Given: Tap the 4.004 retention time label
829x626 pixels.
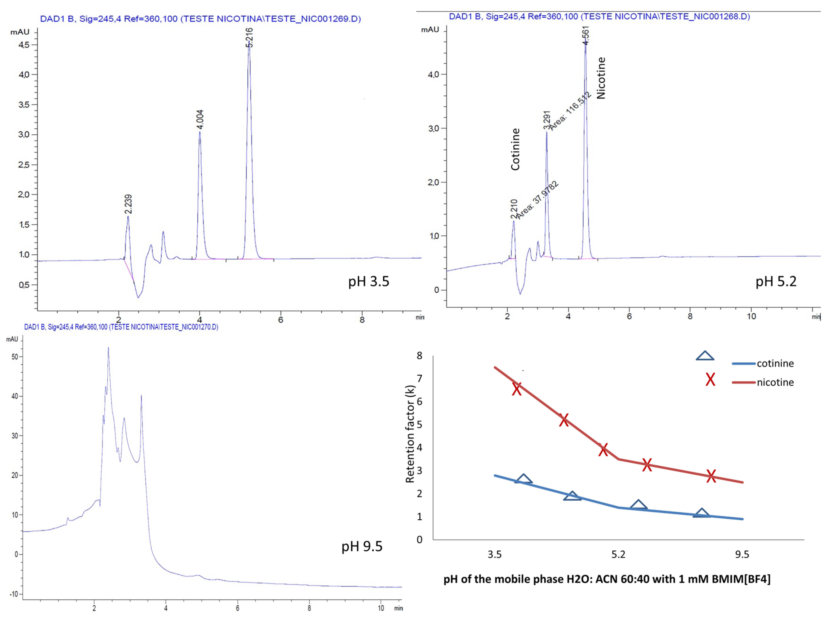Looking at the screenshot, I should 200,119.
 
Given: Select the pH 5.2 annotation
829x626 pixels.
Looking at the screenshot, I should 776,281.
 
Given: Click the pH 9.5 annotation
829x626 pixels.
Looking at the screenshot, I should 362,546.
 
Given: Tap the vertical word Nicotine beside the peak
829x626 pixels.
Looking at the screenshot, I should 601,78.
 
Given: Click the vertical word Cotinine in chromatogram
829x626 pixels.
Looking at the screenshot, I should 516,149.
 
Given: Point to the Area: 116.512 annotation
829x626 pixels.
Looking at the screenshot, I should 570,111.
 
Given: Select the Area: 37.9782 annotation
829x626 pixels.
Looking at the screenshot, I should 538,200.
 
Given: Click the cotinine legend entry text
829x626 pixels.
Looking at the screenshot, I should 775,363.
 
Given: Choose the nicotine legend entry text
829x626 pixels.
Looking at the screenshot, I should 775,382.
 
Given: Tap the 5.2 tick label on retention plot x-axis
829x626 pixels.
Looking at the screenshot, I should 618,554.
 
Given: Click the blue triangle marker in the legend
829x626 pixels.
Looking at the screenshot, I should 705,356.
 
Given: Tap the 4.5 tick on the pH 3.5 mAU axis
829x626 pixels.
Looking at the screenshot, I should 24,45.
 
